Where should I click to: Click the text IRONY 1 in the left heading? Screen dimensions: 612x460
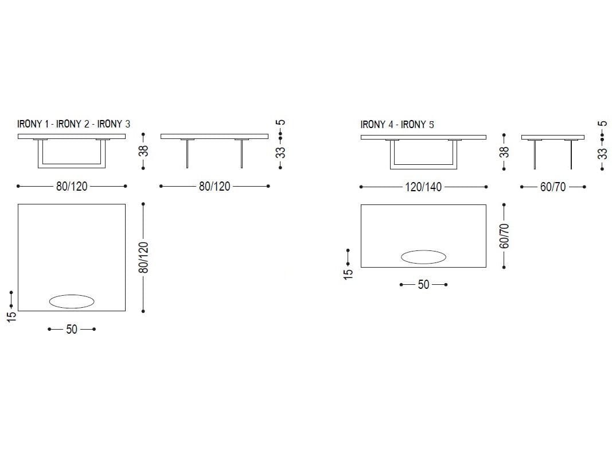click(33, 124)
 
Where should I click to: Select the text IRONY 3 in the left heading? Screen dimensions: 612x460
click(114, 124)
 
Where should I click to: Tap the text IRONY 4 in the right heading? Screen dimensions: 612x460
click(377, 125)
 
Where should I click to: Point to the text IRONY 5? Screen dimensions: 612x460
click(417, 125)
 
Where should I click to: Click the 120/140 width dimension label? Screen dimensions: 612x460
click(423, 187)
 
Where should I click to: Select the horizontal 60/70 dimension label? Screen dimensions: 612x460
click(553, 187)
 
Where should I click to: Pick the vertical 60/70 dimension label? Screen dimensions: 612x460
click(504, 236)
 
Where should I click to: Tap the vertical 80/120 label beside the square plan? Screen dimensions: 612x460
click(143, 257)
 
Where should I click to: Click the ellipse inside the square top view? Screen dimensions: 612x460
click(72, 301)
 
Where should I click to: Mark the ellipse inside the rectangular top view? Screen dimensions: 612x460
click(423, 257)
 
